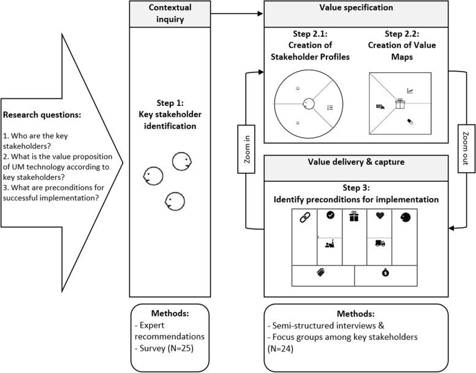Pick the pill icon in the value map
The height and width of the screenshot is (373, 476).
pyautogui.click(x=409, y=121)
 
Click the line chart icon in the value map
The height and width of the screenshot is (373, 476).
pyautogui.click(x=410, y=91)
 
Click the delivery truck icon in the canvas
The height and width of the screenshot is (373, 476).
pyautogui.click(x=379, y=243)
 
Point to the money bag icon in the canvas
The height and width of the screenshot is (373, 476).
pyautogui.click(x=385, y=271)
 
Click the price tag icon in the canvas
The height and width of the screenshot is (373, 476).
pyautogui.click(x=319, y=273)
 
